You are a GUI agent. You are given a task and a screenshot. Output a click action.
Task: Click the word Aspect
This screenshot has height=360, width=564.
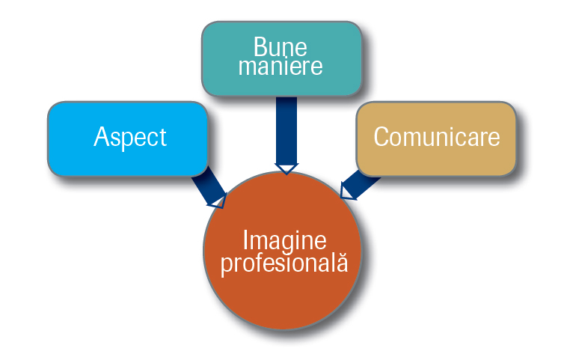point(130,137)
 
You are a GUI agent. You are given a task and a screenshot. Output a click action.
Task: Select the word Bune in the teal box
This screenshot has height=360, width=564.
point(281,46)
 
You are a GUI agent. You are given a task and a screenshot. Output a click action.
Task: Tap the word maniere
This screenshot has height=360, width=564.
point(281,66)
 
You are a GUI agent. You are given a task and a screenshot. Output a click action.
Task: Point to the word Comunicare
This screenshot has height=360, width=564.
point(437,137)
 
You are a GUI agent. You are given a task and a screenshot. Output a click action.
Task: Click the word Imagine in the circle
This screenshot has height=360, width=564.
point(284,240)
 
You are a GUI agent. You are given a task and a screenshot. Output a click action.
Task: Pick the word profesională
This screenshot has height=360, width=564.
point(284,263)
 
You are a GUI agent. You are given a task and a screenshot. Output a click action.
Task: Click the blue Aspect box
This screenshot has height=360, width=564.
point(128,139)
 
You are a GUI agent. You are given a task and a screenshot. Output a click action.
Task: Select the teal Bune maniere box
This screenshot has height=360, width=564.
point(282,58)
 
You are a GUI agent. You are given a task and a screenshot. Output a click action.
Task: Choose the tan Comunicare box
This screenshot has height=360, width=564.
point(436,139)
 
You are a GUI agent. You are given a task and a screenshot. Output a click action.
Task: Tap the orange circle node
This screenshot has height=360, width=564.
point(282,251)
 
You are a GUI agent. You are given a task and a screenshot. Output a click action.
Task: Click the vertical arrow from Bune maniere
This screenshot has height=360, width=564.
point(286,135)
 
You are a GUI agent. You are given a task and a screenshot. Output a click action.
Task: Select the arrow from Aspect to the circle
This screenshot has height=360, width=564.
point(209,187)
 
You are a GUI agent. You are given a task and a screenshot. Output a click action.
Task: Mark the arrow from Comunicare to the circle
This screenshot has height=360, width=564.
point(360,185)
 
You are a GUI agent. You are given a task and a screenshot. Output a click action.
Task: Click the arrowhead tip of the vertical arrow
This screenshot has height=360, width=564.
point(286,174)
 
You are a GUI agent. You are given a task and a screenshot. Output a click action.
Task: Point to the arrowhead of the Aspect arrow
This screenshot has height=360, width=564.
point(218,201)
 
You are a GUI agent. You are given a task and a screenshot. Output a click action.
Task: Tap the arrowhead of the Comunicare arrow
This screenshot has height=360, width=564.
point(346,192)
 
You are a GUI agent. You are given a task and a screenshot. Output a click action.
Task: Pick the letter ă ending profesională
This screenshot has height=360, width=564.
point(343,262)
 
